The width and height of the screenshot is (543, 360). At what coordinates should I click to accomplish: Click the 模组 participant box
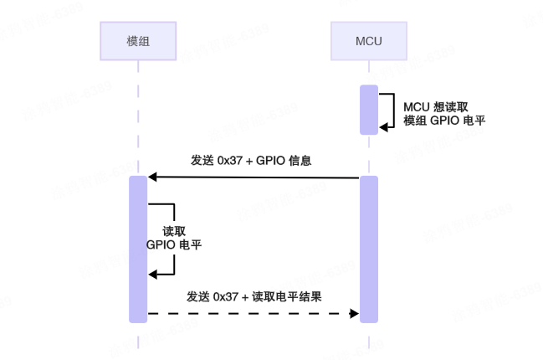(x=138, y=39)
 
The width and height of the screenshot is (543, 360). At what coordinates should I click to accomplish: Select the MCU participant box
(x=369, y=39)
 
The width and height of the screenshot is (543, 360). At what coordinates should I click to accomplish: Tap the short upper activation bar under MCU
(x=369, y=110)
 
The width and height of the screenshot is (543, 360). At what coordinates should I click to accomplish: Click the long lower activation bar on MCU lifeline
(x=369, y=249)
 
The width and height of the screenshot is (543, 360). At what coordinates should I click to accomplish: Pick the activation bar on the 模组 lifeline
(x=138, y=249)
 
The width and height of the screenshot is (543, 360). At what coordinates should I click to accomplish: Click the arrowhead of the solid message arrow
(x=152, y=177)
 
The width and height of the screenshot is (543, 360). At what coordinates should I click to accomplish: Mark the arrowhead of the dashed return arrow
(x=355, y=314)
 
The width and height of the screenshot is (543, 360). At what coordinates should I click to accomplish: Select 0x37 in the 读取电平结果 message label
(x=228, y=296)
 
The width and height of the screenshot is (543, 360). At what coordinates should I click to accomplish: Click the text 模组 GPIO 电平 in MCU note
(x=443, y=121)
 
